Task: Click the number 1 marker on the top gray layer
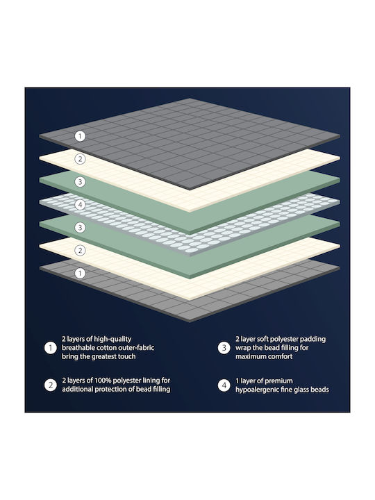click(80, 136)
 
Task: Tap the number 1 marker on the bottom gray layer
click(80, 273)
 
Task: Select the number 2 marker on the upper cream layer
click(80, 159)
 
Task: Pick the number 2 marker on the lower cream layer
click(80, 250)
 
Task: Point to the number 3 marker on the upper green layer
click(80, 182)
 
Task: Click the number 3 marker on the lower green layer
click(80, 227)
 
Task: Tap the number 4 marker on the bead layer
click(80, 205)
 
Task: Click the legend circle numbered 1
click(51, 348)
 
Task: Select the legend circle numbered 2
click(51, 385)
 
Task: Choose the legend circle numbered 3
click(224, 348)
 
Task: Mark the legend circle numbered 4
click(224, 385)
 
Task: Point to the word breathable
click(78, 348)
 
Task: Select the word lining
click(152, 381)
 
